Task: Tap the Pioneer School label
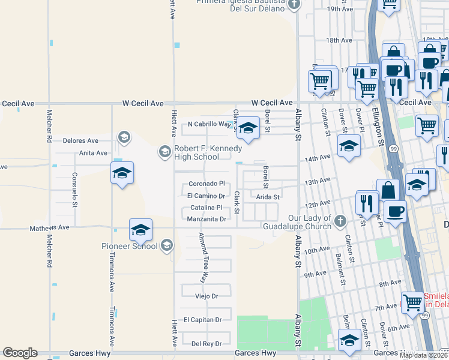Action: click(x=129, y=246)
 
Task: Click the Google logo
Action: click(x=20, y=353)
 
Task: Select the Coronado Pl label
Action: click(x=206, y=184)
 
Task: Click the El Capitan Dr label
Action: click(x=202, y=320)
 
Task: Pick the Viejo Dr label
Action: click(x=205, y=296)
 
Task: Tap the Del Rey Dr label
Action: click(x=206, y=344)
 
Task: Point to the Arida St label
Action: click(x=268, y=197)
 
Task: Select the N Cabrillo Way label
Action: click(x=209, y=125)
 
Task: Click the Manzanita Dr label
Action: click(x=206, y=219)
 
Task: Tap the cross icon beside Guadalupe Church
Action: click(x=340, y=221)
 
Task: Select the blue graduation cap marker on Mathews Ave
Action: click(x=140, y=229)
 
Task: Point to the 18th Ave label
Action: click(x=339, y=40)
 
